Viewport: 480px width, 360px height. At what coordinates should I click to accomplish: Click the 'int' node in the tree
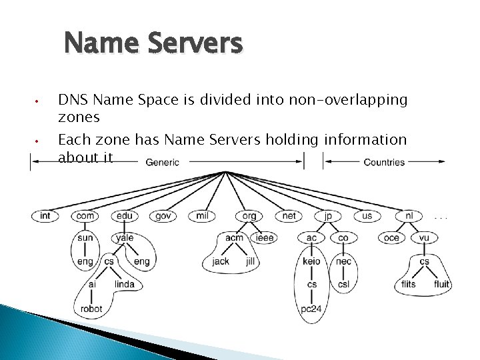pyautogui.click(x=45, y=216)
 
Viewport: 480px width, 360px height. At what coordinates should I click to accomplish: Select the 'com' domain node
pyautogui.click(x=85, y=216)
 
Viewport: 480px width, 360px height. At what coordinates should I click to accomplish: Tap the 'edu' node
pyautogui.click(x=124, y=216)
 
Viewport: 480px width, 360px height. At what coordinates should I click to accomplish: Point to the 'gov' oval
pyautogui.click(x=163, y=216)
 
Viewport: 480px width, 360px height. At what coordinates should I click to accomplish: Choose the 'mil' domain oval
pyautogui.click(x=203, y=216)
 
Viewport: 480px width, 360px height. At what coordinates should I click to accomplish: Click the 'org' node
pyautogui.click(x=248, y=216)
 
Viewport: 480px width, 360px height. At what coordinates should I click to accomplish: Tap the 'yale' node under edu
pyautogui.click(x=125, y=237)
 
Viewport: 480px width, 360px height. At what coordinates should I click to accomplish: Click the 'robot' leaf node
pyautogui.click(x=91, y=309)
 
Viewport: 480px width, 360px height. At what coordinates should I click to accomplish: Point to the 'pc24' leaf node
pyautogui.click(x=312, y=309)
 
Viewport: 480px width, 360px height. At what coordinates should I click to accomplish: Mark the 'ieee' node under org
pyautogui.click(x=265, y=237)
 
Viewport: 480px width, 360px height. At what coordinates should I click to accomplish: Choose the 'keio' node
pyautogui.click(x=311, y=261)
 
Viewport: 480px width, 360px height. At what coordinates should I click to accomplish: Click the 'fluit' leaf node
pyautogui.click(x=441, y=284)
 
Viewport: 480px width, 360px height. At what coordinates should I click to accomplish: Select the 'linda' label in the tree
pyautogui.click(x=125, y=284)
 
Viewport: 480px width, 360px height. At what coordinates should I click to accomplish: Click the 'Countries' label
pyautogui.click(x=384, y=162)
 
